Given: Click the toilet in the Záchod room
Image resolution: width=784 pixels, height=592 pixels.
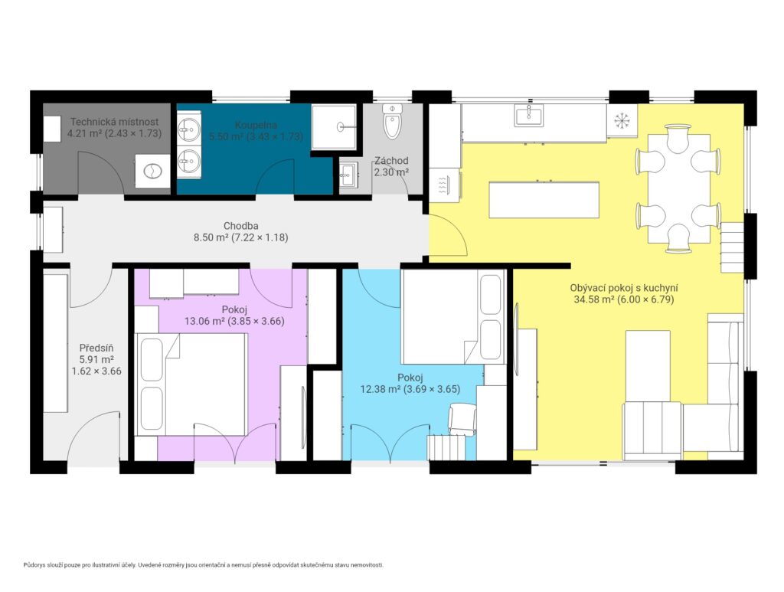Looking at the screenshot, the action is point(392,122).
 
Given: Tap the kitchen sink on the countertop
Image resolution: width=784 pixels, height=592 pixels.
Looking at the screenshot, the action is point(528,116).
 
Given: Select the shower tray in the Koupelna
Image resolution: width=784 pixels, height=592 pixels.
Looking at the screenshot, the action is point(334,127).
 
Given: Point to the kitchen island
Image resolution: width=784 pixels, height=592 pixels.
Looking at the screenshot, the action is point(544,199).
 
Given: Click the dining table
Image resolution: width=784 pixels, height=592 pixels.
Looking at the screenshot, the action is point(679,188).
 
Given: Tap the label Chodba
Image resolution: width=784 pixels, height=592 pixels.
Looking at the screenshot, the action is point(241,226).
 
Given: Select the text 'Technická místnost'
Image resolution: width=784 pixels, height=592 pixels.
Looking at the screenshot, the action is point(115,122).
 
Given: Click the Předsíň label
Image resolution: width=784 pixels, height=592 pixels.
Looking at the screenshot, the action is point(96,348).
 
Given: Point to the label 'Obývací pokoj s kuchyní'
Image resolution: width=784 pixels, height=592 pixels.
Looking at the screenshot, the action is point(624,288).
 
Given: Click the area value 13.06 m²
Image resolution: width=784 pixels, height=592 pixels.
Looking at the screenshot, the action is point(204,321).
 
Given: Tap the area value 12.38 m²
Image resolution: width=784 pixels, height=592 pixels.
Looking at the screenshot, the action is point(381,388).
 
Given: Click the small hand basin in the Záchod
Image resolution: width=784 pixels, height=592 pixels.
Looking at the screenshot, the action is point(348,173).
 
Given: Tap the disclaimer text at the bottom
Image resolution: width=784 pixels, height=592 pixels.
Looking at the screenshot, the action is point(204,565).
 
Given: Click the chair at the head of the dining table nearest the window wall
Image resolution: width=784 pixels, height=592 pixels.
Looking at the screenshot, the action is point(678,139).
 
